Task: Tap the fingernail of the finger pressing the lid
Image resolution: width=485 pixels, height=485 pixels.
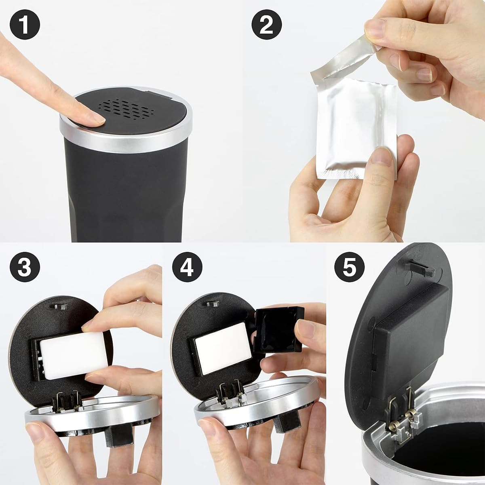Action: (97, 118)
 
